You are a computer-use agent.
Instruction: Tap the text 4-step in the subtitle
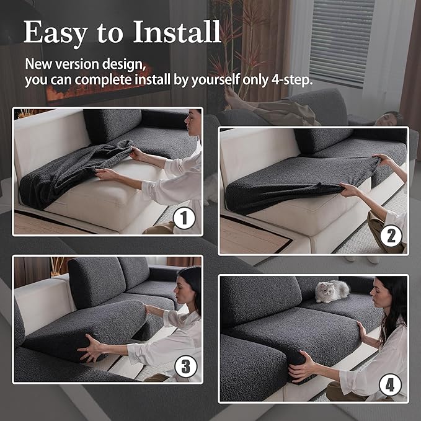point(291,80)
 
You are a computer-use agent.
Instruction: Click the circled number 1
point(184,218)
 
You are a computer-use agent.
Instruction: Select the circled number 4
point(389,385)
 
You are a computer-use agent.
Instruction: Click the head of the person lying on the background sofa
point(389,118)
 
